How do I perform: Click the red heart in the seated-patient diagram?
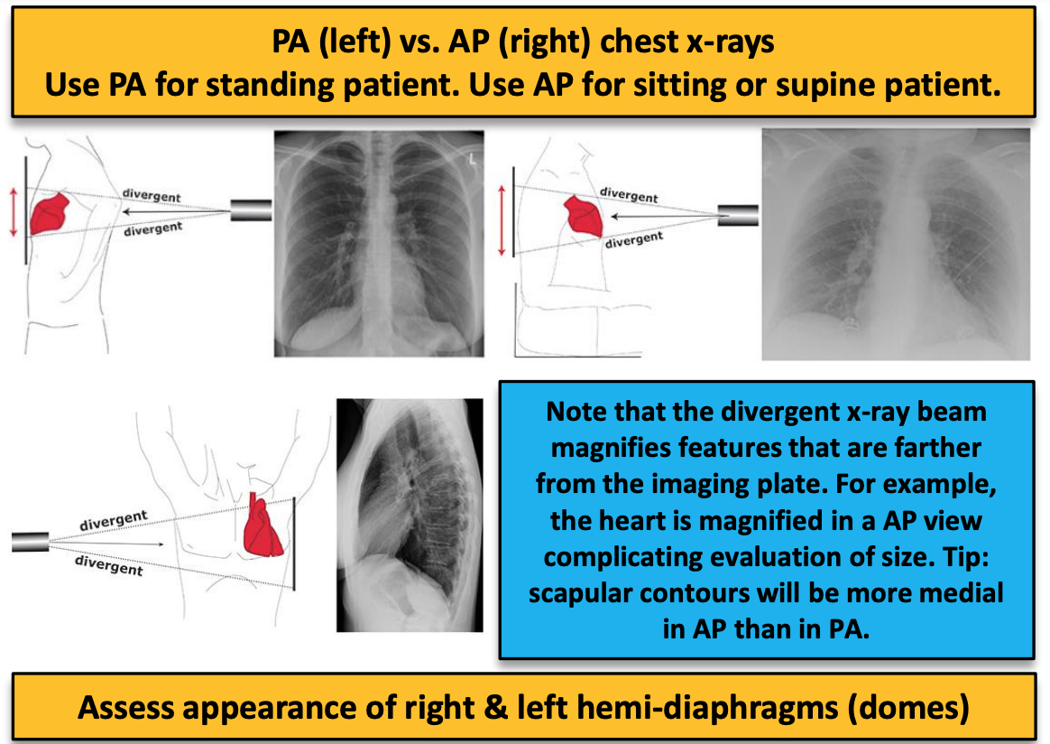[583, 217]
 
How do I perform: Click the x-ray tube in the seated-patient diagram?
[738, 215]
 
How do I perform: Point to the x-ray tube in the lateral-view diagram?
[29, 542]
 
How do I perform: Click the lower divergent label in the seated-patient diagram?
[633, 240]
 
